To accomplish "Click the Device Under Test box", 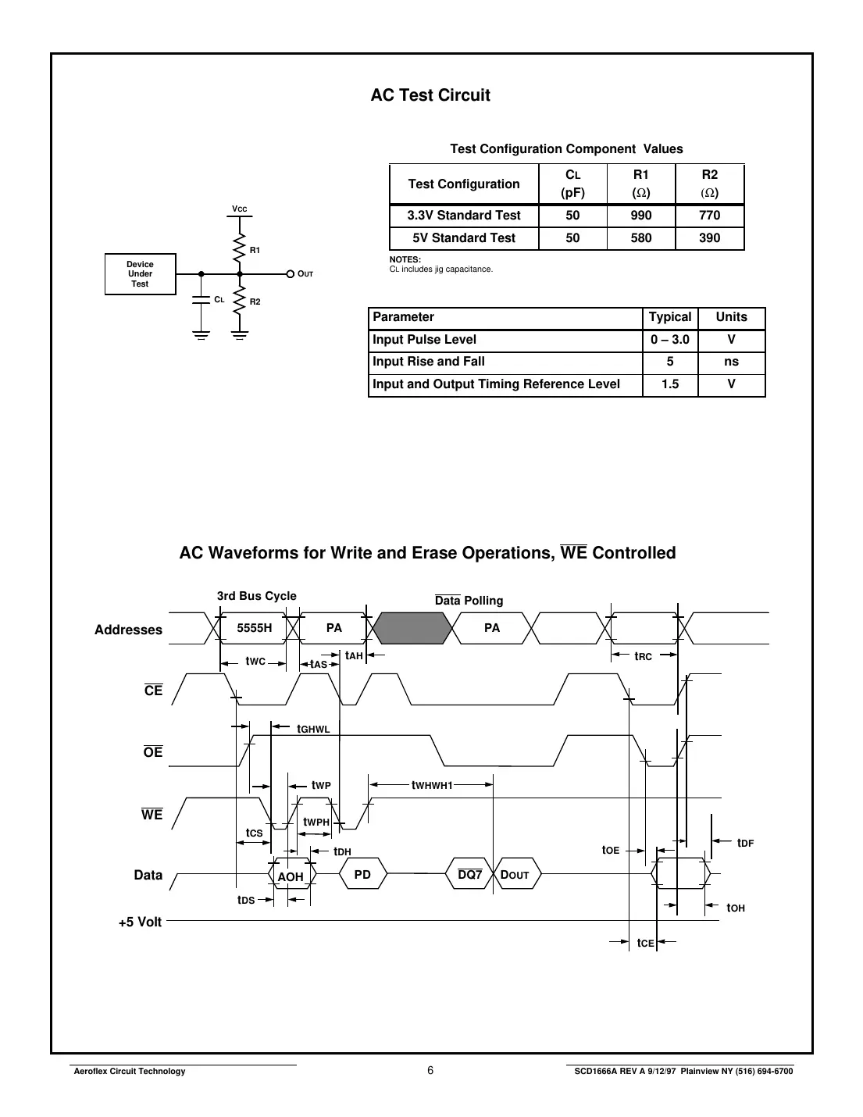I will [141, 274].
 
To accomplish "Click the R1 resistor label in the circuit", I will [255, 250].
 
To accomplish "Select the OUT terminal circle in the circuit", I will [290, 274].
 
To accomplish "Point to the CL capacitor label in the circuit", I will [219, 299].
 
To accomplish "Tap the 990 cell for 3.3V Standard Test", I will [640, 216].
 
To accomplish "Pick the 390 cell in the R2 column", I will [709, 238].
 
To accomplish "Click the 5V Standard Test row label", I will [464, 238].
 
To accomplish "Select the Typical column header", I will [669, 317].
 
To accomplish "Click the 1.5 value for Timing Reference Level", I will [669, 384].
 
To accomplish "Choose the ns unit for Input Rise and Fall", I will [731, 362].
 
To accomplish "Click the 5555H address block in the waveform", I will [255, 628].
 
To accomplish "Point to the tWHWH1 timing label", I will [432, 785].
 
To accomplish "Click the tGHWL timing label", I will [313, 729].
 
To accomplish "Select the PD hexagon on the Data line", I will [362, 875].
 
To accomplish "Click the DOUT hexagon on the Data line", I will [515, 875].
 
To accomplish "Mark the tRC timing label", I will [643, 657].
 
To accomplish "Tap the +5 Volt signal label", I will [140, 923].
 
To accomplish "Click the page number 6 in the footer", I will [430, 1071].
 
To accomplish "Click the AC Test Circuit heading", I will [430, 95].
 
